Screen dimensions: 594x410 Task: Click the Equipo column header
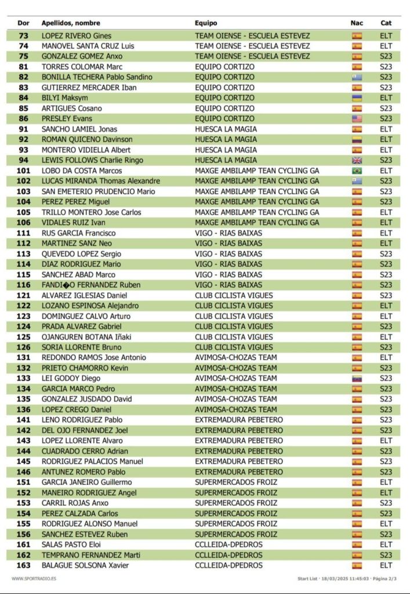click(x=206, y=23)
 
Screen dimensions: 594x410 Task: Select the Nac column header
click(x=357, y=23)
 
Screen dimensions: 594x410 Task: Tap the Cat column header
click(x=386, y=23)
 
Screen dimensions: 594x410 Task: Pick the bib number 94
click(x=24, y=160)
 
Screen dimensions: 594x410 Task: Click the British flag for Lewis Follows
click(x=357, y=160)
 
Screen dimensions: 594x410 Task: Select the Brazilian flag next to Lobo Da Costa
click(x=357, y=171)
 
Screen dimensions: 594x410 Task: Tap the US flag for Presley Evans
click(x=357, y=119)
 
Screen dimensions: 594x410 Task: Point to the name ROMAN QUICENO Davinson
click(x=87, y=139)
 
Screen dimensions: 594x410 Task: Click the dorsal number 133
click(x=24, y=378)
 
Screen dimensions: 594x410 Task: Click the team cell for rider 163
click(x=228, y=566)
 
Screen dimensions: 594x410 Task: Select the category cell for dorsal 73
click(x=386, y=36)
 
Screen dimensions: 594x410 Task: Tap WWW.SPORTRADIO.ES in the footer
click(x=34, y=578)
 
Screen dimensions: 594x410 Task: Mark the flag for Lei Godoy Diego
click(x=357, y=378)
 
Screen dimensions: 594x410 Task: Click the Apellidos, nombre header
click(x=71, y=23)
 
